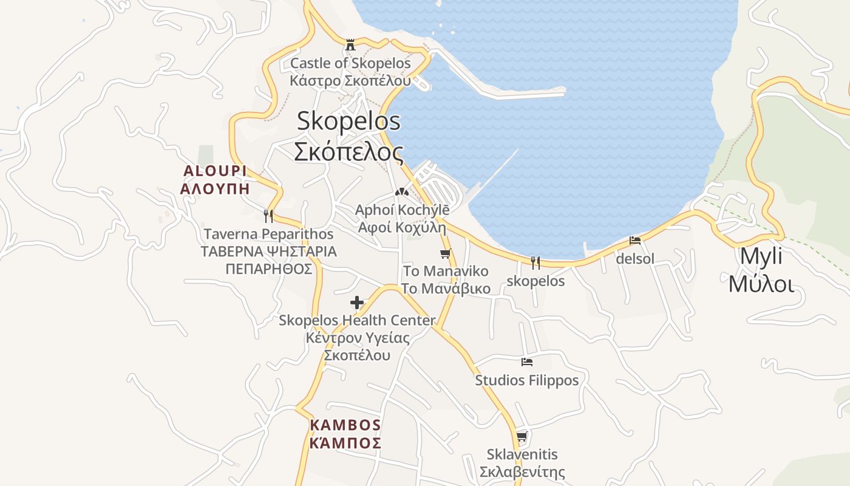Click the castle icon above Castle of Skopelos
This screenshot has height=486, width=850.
[350, 44]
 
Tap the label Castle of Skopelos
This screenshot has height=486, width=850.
[350, 63]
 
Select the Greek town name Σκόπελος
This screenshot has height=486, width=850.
[348, 151]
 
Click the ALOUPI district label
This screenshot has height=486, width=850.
[215, 171]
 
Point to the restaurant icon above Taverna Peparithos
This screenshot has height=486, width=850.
[268, 216]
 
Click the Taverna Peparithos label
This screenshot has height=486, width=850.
[268, 234]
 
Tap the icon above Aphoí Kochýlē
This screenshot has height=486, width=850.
[401, 192]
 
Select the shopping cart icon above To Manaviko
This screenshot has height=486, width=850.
[446, 253]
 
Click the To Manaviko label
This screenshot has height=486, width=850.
[446, 271]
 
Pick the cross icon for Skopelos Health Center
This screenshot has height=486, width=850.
[357, 302]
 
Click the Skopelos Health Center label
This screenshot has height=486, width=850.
[357, 320]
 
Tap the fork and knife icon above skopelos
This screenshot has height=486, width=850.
[535, 263]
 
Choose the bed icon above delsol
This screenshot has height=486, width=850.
[635, 241]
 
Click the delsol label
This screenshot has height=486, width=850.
[635, 259]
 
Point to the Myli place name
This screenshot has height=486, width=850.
[761, 256]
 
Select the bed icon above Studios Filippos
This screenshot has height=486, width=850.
[527, 362]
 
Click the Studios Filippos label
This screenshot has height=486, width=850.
[527, 380]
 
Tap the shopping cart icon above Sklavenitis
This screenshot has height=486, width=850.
[522, 436]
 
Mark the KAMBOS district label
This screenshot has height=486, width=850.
[345, 425]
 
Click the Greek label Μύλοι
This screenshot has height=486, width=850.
[761, 284]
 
